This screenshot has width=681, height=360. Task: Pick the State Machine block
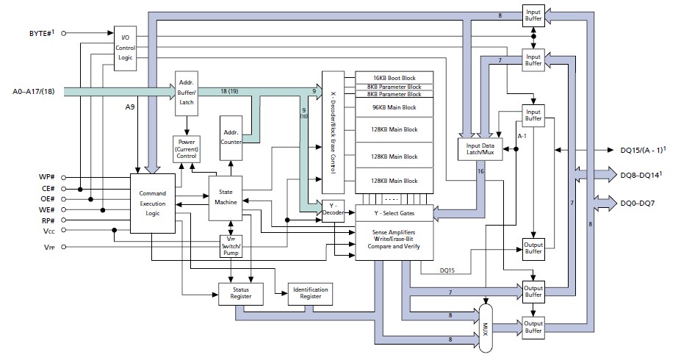[226, 197]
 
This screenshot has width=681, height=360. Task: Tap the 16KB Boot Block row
[394, 77]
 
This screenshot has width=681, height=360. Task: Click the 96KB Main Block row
[394, 108]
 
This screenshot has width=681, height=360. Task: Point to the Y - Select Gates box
[394, 212]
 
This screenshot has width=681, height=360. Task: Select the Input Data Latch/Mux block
[481, 149]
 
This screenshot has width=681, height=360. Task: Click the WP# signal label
[48, 178]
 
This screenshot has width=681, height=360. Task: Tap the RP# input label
[49, 220]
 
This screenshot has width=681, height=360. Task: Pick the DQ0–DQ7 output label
[635, 200]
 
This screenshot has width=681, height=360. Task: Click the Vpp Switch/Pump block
[231, 246]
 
